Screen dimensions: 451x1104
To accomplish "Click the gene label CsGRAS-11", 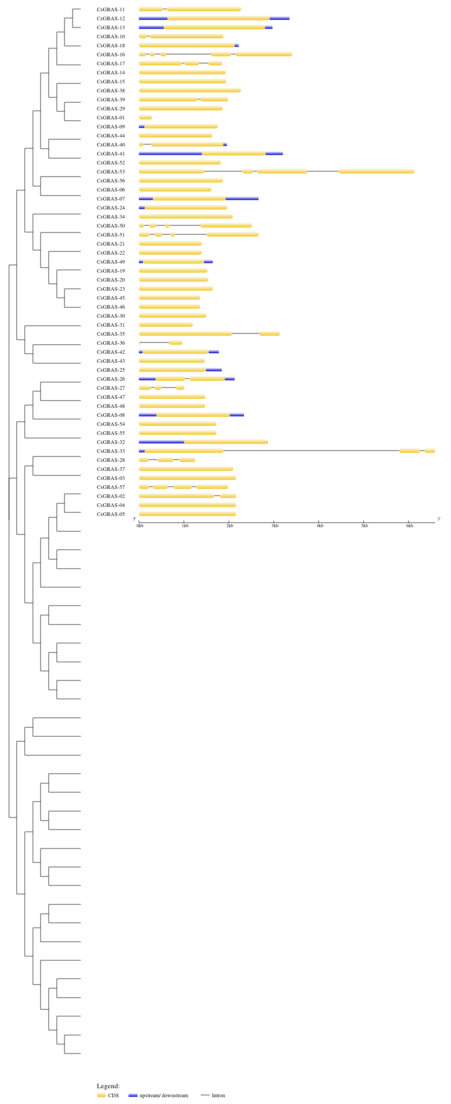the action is [111, 9].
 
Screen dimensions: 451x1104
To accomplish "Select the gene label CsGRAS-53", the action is [111, 172].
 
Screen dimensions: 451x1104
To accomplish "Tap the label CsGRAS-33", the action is [111, 451].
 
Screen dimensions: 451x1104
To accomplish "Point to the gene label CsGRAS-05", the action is [111, 514].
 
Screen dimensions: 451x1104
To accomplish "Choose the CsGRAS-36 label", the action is [111, 343].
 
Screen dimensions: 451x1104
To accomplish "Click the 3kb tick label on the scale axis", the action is [275, 526].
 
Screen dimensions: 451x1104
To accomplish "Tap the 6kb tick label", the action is [410, 526].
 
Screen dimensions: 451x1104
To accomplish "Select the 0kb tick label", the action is [140, 526].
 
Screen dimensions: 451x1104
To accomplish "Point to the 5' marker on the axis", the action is [134, 519].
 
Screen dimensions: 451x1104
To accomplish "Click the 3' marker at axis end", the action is [439, 519].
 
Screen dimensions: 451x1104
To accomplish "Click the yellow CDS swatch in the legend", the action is [101, 1095].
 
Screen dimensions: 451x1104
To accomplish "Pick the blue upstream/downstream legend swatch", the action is [133, 1095].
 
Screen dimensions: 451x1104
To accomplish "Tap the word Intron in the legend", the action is [218, 1095].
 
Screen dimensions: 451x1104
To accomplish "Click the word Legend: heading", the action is [108, 1086].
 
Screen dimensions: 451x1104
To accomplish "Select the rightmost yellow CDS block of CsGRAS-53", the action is [377, 171].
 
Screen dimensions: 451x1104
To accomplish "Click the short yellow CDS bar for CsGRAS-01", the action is [145, 117].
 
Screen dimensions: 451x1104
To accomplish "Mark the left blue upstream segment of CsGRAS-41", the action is [170, 153].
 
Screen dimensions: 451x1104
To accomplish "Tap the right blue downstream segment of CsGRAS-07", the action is [242, 198].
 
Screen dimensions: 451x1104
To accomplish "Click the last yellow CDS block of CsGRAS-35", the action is [270, 333].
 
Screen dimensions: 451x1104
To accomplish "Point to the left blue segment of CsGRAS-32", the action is [161, 442].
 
